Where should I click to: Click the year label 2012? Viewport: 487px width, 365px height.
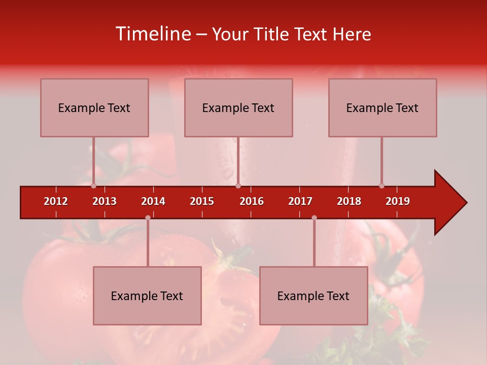[56, 201]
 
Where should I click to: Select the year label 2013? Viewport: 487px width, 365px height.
[105, 201]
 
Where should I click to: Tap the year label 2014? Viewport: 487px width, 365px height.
[153, 201]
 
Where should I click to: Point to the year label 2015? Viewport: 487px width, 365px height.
[202, 201]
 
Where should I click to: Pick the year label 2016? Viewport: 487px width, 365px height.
[252, 201]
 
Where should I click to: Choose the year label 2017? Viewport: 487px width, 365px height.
[300, 201]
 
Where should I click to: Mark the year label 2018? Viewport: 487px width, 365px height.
[349, 201]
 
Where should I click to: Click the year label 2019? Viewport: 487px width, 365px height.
[398, 201]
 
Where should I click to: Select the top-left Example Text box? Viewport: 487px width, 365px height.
[94, 107]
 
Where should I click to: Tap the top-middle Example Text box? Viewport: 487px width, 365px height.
[238, 107]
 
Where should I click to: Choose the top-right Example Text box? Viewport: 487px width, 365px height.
[382, 107]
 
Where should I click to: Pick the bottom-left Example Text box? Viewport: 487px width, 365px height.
[147, 296]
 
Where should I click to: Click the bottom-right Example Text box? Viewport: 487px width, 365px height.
[314, 296]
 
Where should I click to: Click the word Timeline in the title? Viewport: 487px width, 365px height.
[153, 34]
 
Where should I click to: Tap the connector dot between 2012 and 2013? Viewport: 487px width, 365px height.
[93, 186]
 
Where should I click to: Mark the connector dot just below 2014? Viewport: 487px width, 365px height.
[148, 217]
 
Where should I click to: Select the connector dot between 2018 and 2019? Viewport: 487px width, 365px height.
[381, 186]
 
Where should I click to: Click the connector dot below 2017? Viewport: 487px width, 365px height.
[314, 217]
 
